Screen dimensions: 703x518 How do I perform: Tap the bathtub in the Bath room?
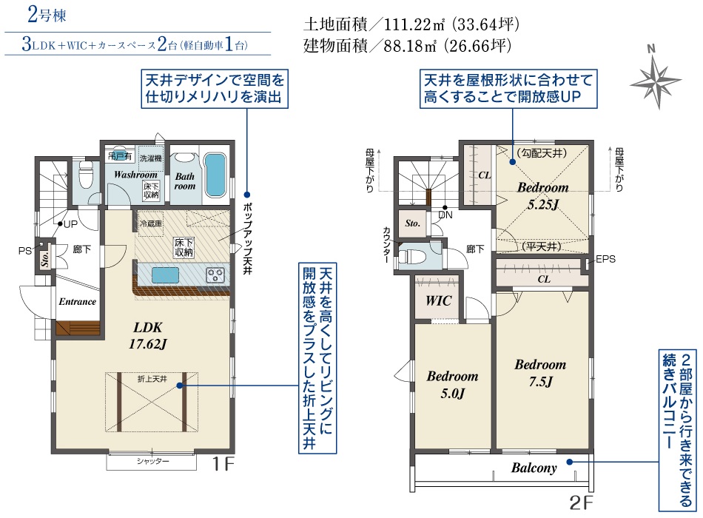coord(215,175)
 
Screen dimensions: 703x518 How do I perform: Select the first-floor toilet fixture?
coord(86,175)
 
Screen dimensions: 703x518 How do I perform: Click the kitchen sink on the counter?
coord(165,275)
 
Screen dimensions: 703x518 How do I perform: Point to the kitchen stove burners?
coord(215,275)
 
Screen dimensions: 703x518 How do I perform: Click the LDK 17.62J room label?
coord(147,335)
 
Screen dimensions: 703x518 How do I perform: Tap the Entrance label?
coord(77,301)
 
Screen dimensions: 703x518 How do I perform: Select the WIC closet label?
coord(438,300)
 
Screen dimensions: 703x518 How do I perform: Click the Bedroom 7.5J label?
coord(540,373)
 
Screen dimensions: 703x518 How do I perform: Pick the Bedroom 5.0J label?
coord(452,384)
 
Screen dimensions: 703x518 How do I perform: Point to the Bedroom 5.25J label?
coord(543,195)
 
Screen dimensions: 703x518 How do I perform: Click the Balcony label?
coord(534,468)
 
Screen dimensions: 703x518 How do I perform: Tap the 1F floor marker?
coord(223,464)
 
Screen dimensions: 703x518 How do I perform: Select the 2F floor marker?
coord(581,502)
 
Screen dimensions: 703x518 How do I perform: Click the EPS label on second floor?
coord(605,259)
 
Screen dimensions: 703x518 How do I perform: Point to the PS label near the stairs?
coord(24,251)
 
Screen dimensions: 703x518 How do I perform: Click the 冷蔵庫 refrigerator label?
coord(151,223)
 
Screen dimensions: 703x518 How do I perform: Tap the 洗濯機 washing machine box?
coord(151,158)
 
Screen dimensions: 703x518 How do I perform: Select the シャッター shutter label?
coord(153,461)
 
